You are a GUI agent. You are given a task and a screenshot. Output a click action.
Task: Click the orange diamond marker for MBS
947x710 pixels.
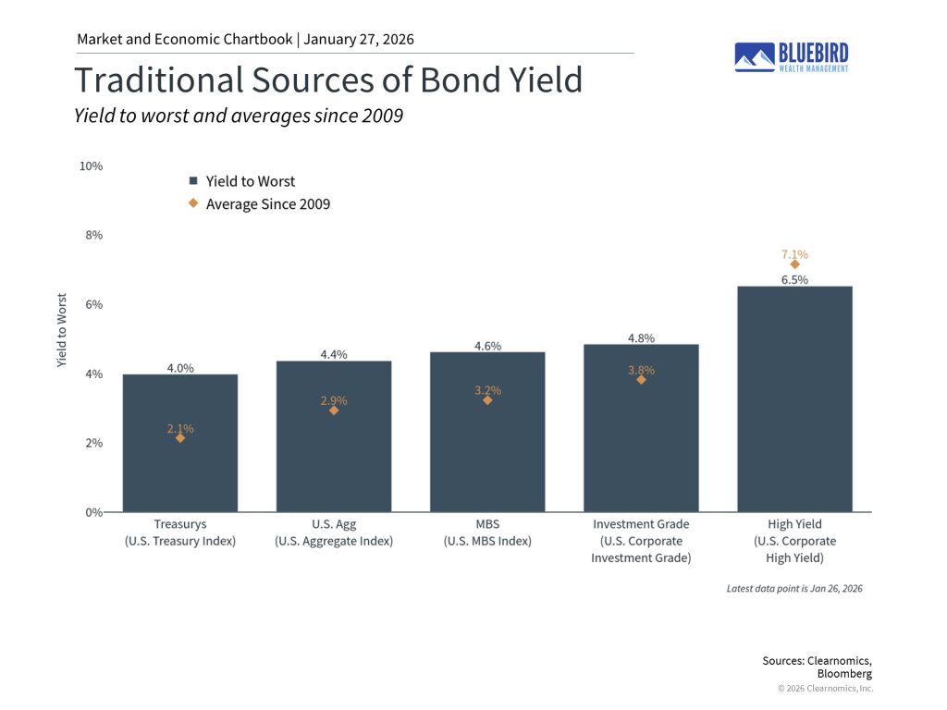[x=487, y=400]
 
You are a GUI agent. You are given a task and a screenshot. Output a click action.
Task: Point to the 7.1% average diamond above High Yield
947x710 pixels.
[x=794, y=264]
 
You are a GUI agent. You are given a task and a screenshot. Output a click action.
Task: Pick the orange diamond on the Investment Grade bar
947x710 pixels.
[x=641, y=379]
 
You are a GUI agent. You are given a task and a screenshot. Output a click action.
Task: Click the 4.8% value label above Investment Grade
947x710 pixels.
[x=641, y=337]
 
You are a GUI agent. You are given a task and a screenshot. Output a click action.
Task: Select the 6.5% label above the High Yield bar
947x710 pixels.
[x=794, y=279]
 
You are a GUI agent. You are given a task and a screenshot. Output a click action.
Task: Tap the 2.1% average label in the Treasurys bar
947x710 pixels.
[x=180, y=428]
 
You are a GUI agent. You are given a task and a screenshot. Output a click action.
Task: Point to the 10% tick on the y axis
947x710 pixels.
[x=92, y=166]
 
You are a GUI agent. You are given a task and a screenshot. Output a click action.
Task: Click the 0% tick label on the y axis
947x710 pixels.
[x=93, y=512]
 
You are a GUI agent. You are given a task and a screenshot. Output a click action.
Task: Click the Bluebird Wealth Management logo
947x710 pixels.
[x=791, y=56]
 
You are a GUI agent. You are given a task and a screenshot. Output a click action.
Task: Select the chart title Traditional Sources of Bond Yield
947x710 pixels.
[x=328, y=80]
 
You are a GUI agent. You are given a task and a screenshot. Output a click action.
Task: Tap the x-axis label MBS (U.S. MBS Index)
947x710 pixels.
[x=487, y=532]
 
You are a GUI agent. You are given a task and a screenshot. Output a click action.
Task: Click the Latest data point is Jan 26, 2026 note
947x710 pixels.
[x=794, y=588]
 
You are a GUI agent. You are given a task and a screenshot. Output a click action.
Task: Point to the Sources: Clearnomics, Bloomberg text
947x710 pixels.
[x=817, y=667]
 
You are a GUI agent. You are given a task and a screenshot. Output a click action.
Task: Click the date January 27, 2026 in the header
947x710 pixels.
[x=358, y=39]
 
